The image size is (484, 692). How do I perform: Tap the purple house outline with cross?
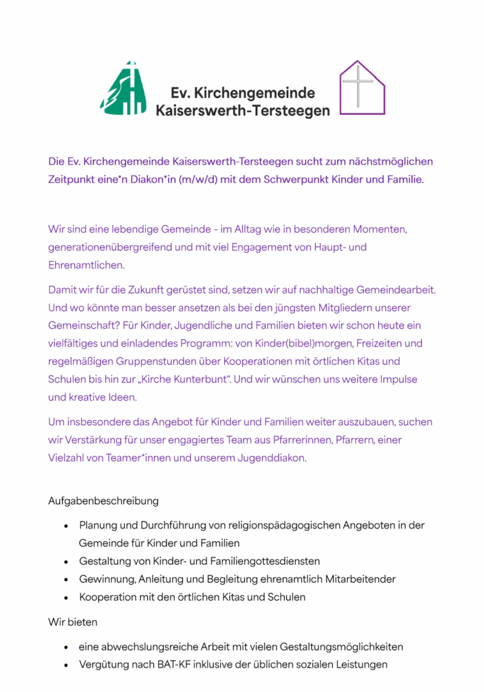point(361,88)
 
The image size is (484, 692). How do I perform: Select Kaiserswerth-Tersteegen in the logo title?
point(242,109)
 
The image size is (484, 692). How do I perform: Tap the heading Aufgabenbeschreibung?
point(103,501)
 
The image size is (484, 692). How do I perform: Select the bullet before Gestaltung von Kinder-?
point(65,562)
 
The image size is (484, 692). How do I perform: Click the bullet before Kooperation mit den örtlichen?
point(65,597)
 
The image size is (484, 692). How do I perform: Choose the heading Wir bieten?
point(73,621)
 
